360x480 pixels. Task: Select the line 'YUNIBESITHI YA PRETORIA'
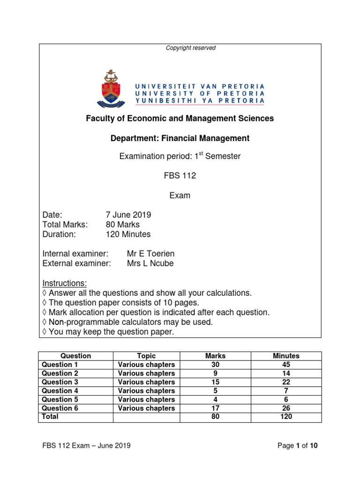pos(200,100)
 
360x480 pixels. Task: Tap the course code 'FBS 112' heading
pos(180,176)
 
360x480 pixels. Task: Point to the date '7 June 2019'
pos(128,215)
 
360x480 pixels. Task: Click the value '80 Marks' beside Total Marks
pos(123,225)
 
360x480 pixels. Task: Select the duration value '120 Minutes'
pos(128,234)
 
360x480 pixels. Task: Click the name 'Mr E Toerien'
pos(150,254)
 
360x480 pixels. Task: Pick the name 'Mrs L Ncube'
pos(150,263)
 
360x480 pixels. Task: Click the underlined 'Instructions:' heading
pos(65,283)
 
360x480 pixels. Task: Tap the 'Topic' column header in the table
pos(146,356)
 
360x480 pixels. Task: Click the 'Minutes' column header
pos(286,356)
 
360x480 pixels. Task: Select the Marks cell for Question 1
pos(215,365)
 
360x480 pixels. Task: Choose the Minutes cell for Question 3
pos(286,382)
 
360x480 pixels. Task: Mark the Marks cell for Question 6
pos(215,408)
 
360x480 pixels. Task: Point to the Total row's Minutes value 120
pos(286,417)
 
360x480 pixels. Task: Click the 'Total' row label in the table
pos(50,417)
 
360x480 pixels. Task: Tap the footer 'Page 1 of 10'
pos(298,446)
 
